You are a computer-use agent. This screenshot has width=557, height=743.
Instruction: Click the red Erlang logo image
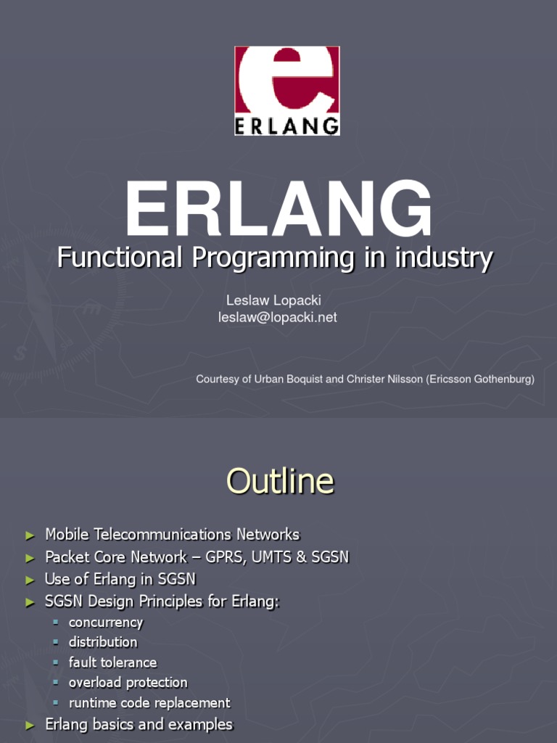(x=287, y=91)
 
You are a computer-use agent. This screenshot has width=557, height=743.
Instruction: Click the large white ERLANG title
(x=278, y=211)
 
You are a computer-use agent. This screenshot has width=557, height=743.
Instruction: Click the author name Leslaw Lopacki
(x=273, y=300)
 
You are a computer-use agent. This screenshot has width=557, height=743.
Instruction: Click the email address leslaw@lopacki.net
(x=278, y=317)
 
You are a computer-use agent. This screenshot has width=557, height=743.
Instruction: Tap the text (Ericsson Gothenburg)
(x=483, y=379)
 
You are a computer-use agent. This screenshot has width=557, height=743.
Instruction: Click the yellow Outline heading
(x=280, y=481)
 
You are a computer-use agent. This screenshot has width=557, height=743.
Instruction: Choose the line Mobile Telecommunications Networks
(x=172, y=535)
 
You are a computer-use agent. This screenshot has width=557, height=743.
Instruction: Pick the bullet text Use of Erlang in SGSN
(x=120, y=579)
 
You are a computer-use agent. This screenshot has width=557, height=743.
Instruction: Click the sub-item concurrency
(x=106, y=623)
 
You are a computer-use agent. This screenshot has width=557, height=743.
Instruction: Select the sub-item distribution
(x=103, y=642)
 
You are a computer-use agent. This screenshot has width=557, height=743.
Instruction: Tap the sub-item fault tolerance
(x=112, y=662)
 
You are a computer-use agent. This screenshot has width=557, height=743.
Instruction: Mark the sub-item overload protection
(x=128, y=683)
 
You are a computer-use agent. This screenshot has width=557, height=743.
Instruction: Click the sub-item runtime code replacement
(x=149, y=703)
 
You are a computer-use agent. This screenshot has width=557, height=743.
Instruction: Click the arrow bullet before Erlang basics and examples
(x=30, y=726)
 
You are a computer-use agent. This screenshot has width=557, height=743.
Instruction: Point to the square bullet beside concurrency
(x=55, y=623)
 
